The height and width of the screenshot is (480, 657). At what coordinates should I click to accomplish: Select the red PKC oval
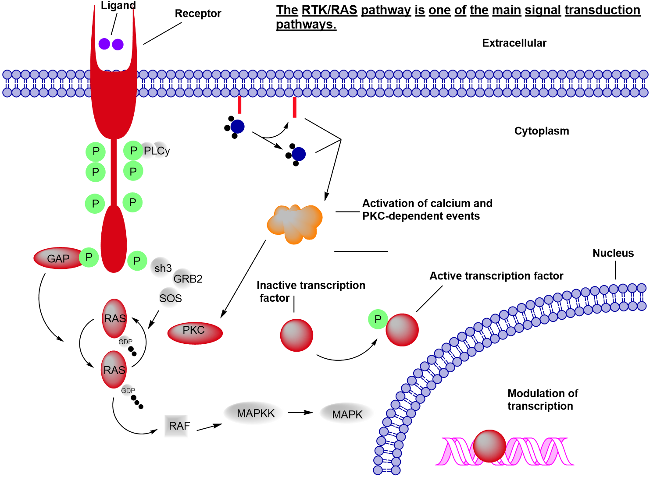pos(195,332)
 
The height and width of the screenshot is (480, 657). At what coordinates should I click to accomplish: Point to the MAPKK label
pos(255,413)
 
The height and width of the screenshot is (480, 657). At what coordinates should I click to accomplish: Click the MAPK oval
pos(347,414)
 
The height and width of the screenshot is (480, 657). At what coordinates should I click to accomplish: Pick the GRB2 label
pos(188,279)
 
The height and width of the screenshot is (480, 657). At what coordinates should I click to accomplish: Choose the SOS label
pos(171,298)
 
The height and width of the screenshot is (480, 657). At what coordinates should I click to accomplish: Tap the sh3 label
pos(163,268)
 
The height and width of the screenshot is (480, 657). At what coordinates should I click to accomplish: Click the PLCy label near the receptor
pos(157,151)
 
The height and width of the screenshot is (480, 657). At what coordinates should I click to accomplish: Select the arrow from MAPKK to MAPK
pos(300,413)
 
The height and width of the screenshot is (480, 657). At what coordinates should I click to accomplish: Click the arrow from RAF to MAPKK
pos(209,427)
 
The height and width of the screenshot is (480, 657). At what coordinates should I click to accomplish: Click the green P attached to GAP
pos(89,257)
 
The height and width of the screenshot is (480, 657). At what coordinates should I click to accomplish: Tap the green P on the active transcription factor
pos(378,319)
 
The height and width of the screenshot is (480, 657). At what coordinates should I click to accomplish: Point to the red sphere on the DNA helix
pos(489,446)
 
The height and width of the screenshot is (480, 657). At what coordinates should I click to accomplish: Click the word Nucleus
pos(613,253)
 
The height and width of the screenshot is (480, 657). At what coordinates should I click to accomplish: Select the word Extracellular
pos(514,43)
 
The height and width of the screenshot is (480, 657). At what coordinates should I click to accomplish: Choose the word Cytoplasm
pos(541,131)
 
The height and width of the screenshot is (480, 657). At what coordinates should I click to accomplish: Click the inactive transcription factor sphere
pos(296,335)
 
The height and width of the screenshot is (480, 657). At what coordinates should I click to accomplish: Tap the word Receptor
pos(198,14)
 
